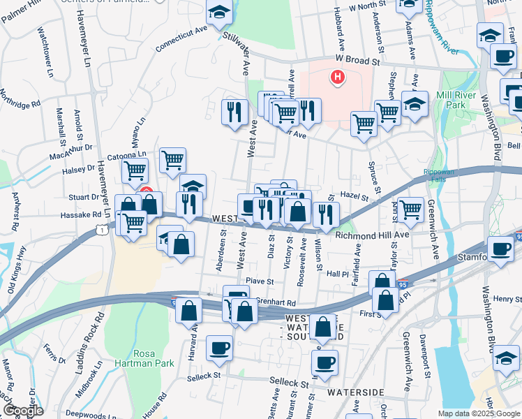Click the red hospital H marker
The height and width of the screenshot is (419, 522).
click(x=338, y=77)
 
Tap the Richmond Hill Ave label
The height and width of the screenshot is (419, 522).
click(x=372, y=235)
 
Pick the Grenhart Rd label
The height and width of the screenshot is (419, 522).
click(x=276, y=302)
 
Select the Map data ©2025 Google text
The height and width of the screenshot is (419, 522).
click(x=478, y=413)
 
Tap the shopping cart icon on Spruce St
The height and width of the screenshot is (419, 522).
click(x=364, y=124)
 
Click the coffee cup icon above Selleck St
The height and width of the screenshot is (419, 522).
click(x=219, y=347)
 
